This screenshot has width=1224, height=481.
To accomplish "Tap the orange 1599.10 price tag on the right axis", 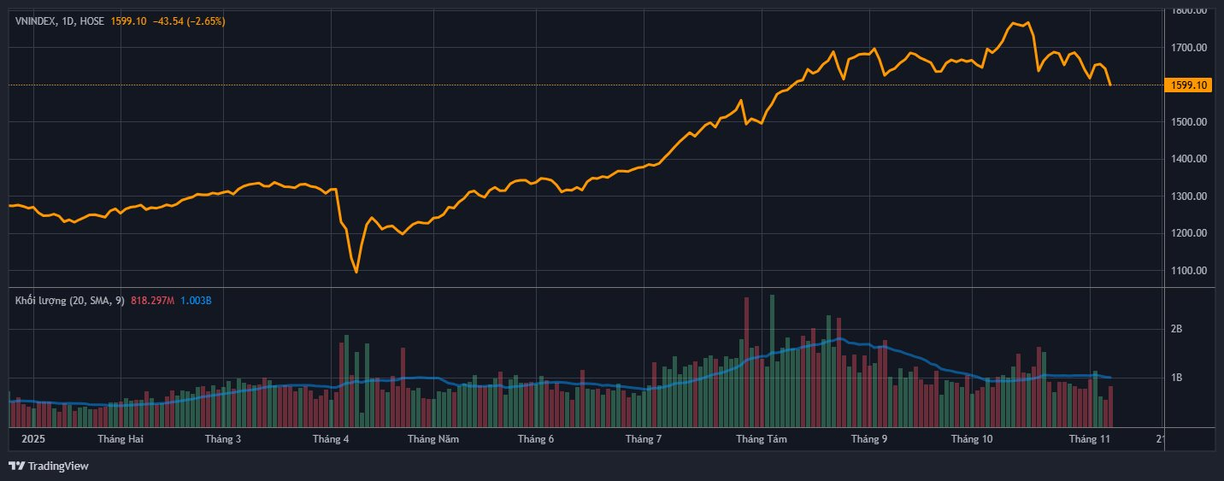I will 1189,85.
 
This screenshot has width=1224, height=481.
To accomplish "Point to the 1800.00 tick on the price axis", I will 1190,11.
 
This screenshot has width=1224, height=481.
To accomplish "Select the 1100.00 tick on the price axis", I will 1190,271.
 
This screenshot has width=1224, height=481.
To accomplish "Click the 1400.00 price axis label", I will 1190,159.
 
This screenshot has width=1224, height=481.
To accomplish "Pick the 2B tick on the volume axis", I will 1176,329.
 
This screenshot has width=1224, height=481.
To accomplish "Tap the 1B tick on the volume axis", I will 1176,378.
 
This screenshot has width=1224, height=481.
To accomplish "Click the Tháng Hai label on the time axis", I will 121,439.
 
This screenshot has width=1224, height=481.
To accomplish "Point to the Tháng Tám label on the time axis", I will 762,439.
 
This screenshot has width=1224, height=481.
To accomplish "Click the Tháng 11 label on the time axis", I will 1090,439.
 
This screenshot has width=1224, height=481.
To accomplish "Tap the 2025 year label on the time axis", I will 32,439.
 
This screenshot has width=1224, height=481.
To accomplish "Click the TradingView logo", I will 49,466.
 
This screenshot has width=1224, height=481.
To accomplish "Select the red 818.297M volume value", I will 153,300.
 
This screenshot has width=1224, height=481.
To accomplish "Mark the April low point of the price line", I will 356,273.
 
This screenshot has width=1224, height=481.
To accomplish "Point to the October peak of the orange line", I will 1014,23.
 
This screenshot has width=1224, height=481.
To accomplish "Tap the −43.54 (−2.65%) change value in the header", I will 189,21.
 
